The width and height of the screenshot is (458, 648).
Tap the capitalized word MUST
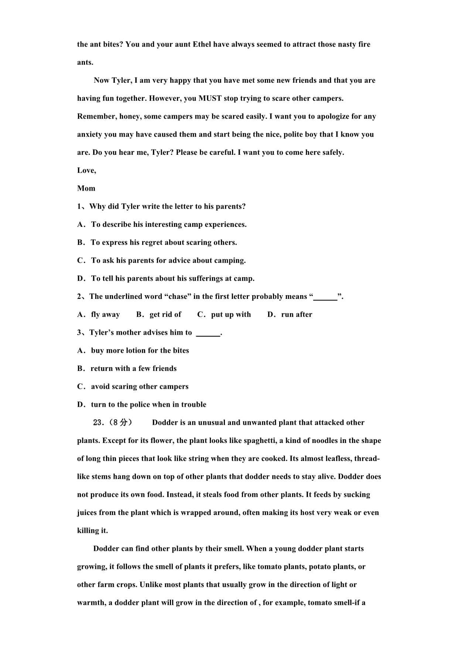click(210, 98)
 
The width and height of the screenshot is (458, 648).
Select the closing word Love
click(86, 170)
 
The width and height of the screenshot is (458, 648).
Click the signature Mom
click(86, 188)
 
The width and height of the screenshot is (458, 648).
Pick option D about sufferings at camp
click(166, 279)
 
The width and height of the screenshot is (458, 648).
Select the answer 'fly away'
click(105, 315)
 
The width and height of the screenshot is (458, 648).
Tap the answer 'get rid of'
click(165, 315)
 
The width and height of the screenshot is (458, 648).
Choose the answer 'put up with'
click(231, 315)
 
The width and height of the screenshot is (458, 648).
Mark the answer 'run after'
click(297, 315)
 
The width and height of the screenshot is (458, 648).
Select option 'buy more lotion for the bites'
click(140, 351)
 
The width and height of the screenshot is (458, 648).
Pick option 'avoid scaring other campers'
click(140, 387)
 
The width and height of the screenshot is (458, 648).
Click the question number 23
click(98, 423)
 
